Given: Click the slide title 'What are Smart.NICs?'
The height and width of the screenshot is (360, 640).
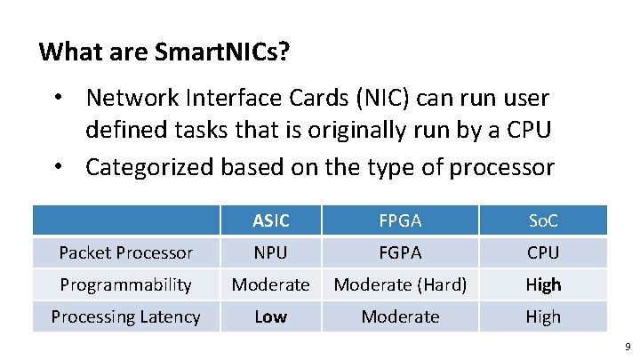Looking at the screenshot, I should (x=164, y=52).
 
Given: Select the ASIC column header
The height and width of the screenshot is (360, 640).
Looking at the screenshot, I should (x=270, y=220).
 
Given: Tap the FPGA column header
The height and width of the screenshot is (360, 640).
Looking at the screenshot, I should (x=400, y=220).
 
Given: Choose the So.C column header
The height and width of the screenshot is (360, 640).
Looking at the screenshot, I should (x=542, y=220).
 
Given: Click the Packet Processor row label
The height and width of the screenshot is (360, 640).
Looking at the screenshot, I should (x=125, y=252).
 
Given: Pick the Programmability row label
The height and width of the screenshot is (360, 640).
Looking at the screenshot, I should (x=125, y=284).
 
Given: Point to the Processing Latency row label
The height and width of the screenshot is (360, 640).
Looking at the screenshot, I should (x=125, y=316).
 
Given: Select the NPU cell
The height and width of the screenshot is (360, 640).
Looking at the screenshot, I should (x=270, y=252).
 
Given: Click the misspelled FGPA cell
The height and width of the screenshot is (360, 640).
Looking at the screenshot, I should (x=400, y=252).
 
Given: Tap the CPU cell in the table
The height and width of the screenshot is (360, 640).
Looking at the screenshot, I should (x=542, y=252).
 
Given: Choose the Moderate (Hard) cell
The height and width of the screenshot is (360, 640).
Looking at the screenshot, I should (x=400, y=284).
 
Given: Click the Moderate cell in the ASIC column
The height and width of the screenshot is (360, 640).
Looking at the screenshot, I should (x=270, y=284).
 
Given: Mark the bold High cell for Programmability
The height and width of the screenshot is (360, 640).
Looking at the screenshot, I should (x=542, y=284).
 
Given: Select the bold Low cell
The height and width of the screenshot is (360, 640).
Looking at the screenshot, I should (x=270, y=316).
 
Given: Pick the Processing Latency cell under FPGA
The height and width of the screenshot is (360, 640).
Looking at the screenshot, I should (x=400, y=316).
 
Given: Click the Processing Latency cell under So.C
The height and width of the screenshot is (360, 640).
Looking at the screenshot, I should (x=542, y=316).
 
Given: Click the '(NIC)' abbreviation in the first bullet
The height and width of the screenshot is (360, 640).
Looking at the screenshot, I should (x=379, y=98).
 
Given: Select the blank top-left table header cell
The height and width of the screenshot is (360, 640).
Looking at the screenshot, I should (x=125, y=220).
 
